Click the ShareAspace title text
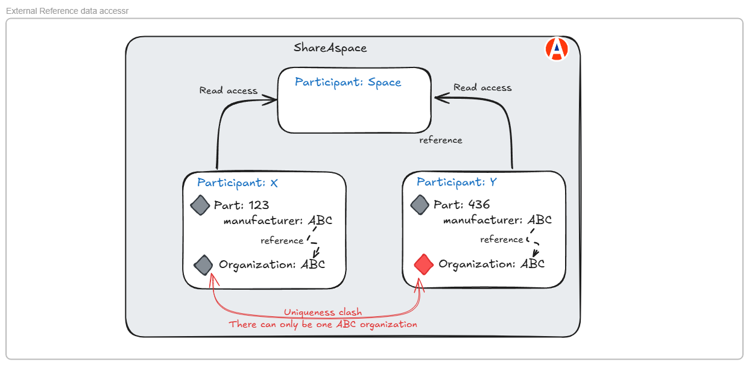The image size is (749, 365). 330,48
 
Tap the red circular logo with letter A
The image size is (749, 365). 557,49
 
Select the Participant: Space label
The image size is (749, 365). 348,83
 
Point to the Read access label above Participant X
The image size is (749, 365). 229,91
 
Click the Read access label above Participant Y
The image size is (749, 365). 482,88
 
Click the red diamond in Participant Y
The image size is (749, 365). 424,264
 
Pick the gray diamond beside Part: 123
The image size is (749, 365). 200,205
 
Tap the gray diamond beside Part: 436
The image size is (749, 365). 420,205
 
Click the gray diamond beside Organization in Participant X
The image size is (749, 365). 204,264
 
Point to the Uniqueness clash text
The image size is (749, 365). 323,313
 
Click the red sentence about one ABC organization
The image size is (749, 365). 323,324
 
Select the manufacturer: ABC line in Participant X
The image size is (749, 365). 277,220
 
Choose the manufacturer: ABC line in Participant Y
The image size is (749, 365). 497,220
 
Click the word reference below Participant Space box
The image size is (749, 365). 441,140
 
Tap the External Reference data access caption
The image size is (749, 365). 67,11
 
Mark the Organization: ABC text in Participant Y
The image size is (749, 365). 491,264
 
